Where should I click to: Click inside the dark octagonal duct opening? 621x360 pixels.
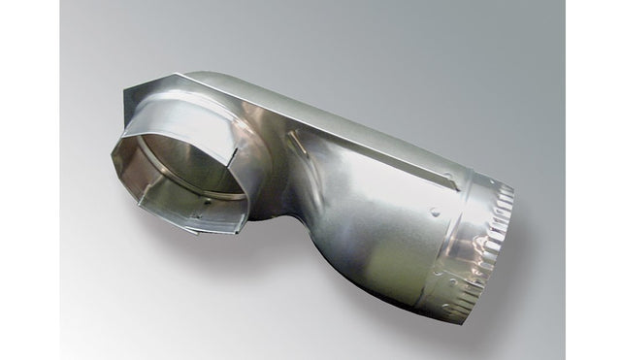click(170, 189)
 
